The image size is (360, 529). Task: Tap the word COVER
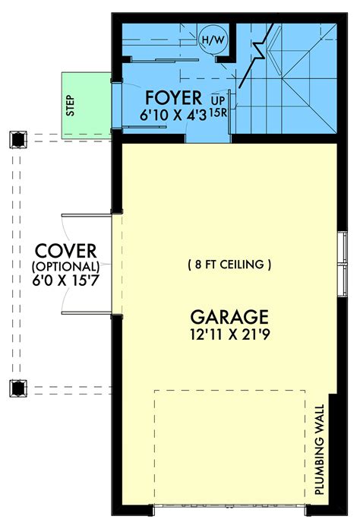click(x=65, y=251)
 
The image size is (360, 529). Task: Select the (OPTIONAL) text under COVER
click(x=65, y=267)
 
